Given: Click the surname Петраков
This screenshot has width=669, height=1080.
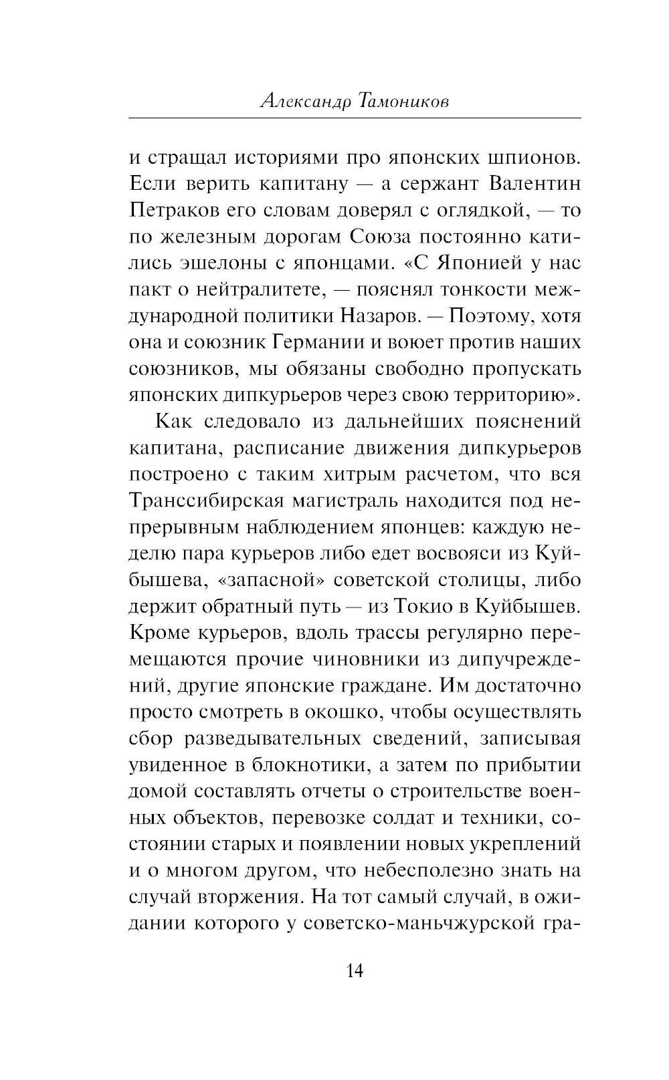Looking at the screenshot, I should [173, 211].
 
